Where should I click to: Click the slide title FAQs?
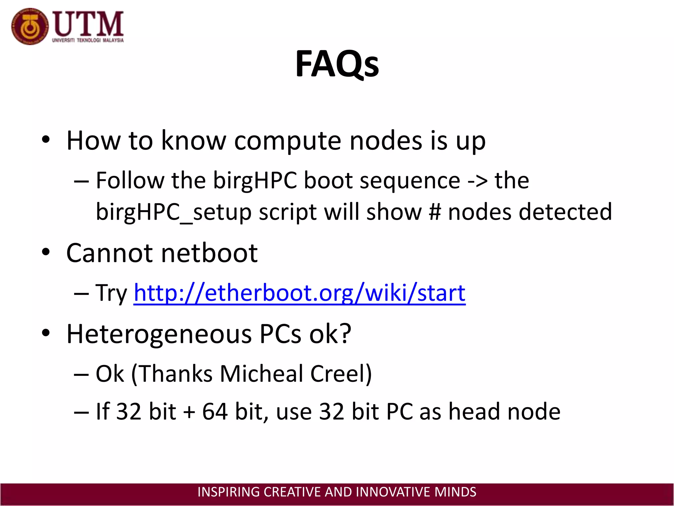click(337, 64)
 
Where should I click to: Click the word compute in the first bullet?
click(288, 141)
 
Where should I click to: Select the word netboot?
click(209, 253)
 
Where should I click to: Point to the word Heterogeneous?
click(159, 334)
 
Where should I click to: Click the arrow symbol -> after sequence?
click(477, 181)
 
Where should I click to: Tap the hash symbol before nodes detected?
click(435, 211)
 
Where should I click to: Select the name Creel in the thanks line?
click(341, 374)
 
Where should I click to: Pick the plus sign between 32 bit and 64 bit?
click(189, 412)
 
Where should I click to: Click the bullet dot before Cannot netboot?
click(46, 252)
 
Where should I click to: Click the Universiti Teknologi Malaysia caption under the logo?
click(88, 41)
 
